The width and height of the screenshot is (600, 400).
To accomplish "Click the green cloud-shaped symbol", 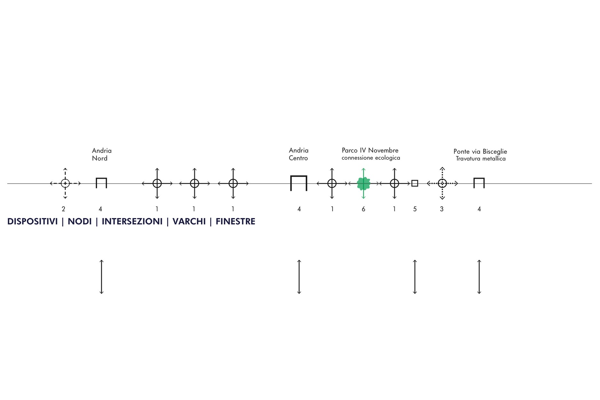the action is [364, 184].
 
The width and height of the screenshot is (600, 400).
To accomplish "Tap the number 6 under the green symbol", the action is [364, 209].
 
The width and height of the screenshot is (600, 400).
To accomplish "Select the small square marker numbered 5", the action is [415, 183].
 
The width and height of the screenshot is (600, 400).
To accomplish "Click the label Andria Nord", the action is [102, 154].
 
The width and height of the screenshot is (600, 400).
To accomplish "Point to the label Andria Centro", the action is [299, 154].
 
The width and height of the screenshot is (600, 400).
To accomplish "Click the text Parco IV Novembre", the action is [370, 150].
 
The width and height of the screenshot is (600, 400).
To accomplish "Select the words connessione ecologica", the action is [371, 158].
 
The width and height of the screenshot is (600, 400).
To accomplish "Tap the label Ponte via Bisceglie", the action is [480, 151].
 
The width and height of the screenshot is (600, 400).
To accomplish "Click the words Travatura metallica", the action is [481, 159].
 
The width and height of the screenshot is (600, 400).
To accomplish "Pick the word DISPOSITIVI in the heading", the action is [32, 221].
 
